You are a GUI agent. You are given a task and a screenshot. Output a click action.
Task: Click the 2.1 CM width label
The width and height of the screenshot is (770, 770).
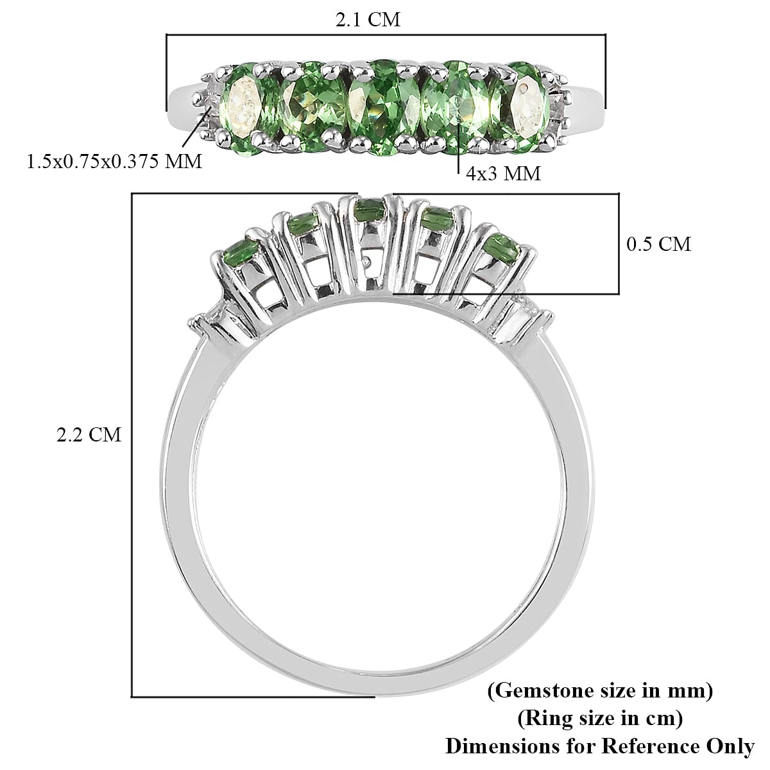coord(368,19)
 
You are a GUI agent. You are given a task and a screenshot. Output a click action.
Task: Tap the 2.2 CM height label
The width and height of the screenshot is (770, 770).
coord(89,435)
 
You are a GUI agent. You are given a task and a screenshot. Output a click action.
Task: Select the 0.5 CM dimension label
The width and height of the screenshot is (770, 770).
coord(658,244)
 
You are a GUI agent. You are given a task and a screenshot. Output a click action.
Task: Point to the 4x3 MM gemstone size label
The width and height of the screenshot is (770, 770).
coord(503,173)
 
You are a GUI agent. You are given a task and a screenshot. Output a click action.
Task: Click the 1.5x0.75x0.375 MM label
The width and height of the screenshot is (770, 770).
coord(114,161)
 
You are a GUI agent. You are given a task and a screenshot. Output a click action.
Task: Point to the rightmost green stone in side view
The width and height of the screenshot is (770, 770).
coord(502,246)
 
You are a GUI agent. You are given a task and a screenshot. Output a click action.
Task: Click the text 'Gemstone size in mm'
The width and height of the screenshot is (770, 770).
coord(600,691)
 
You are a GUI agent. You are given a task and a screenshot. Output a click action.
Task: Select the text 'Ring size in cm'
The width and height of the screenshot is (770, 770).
coord(600,719)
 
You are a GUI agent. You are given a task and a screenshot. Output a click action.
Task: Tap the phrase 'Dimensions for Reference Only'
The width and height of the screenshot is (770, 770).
coord(600,746)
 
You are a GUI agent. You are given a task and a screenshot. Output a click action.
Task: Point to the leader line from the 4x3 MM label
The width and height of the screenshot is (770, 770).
coord(458,157)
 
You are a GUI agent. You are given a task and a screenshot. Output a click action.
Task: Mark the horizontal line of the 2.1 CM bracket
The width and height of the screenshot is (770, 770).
coord(385,35)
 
